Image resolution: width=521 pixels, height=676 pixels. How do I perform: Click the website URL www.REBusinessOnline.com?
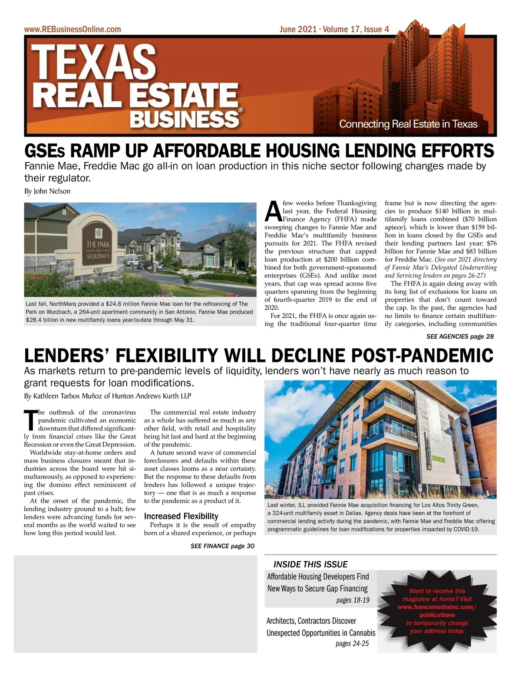click(73, 30)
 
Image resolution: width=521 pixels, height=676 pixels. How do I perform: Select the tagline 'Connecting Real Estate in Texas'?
click(408, 124)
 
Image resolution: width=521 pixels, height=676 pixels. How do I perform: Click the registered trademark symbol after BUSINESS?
click(241, 111)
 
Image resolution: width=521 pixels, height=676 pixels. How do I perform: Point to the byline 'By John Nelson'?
click(47, 191)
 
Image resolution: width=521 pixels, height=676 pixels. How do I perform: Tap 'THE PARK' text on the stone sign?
click(98, 244)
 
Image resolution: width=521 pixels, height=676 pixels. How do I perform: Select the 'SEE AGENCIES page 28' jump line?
click(460, 336)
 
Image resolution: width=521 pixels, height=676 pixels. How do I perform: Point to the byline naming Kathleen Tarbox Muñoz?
click(107, 396)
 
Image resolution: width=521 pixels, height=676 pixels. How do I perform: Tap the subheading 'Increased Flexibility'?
click(181, 516)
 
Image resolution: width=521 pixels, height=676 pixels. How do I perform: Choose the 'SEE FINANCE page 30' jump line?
click(222, 546)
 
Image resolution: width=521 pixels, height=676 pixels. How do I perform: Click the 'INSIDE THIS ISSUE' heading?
click(310, 564)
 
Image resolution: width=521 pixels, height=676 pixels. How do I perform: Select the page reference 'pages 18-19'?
click(353, 600)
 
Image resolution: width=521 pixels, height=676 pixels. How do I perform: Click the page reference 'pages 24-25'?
click(352, 643)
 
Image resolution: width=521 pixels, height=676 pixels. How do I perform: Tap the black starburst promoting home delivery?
click(437, 611)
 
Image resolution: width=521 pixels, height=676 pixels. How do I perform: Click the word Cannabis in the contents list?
click(358, 633)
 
